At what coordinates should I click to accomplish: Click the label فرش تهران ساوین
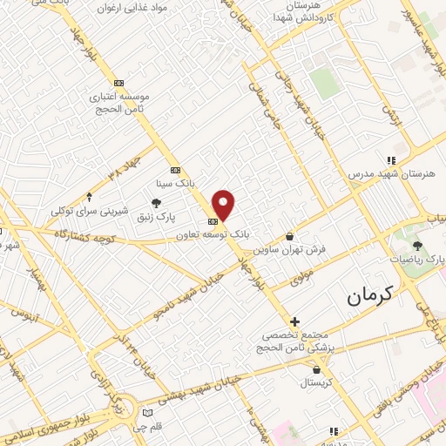tap(290, 249)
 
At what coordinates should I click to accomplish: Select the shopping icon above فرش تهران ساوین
tap(290, 236)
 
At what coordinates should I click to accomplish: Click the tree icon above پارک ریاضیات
tap(417, 246)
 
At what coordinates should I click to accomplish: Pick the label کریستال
tap(310, 382)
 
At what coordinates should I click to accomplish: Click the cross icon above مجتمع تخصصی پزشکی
tap(295, 321)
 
